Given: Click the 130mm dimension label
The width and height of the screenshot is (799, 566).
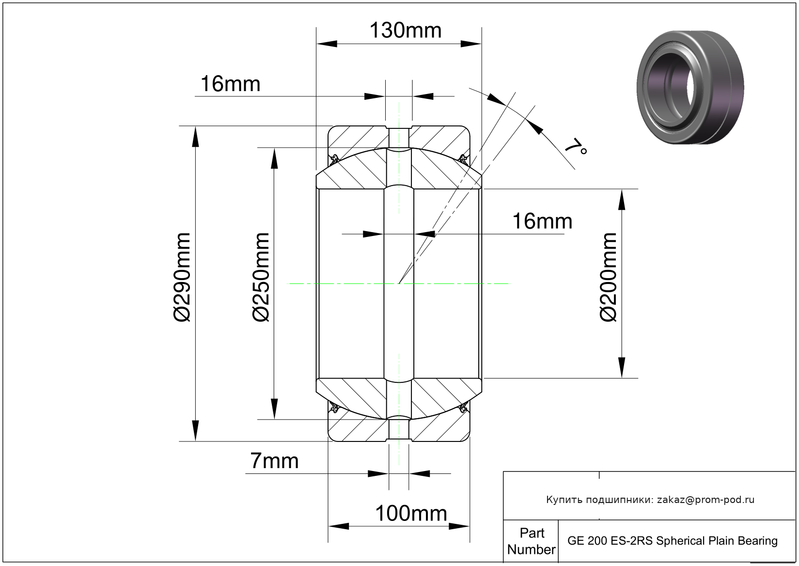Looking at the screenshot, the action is pos(406,31).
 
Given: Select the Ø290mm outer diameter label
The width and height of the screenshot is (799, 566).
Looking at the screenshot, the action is pos(182,277).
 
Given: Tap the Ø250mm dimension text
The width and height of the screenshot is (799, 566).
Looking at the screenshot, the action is pos(261,277).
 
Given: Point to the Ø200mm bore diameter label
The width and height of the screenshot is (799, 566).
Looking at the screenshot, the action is pos(608,277).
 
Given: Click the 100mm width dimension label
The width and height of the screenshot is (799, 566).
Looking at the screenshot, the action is pos(411,514).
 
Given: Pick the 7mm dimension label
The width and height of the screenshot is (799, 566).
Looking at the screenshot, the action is pos(274,461).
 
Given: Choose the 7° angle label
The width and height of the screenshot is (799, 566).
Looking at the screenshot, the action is pos(575,147).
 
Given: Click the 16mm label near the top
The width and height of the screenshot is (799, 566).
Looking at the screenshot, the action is pos(231,84).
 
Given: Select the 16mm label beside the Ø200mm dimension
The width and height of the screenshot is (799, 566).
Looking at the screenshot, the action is pos(542,221).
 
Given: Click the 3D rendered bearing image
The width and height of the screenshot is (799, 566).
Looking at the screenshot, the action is pos(690,87).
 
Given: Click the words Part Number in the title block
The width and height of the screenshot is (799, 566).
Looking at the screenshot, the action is pos(532,541).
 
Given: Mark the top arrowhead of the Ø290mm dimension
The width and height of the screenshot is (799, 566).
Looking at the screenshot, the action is pos(195,137).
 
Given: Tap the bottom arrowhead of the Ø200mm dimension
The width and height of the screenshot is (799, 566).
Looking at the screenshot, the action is pos(622,367).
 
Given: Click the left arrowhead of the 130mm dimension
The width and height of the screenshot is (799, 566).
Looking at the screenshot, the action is pos(327,44).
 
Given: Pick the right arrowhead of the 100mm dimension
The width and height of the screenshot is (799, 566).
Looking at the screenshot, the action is pos(459,526).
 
